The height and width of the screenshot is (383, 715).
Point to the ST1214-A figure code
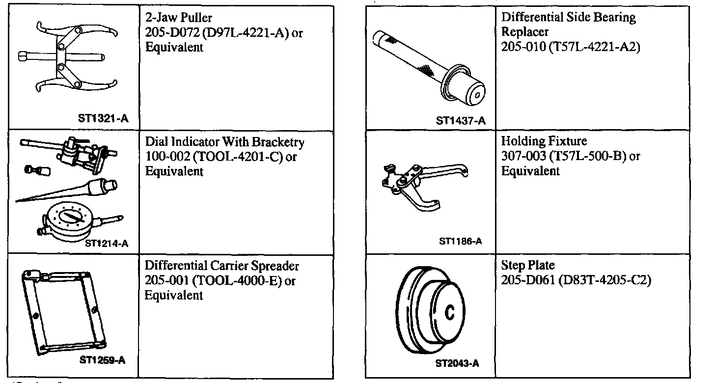(x=107, y=242)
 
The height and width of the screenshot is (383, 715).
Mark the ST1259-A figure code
(x=102, y=360)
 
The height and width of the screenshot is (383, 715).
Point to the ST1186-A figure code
(x=460, y=241)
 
